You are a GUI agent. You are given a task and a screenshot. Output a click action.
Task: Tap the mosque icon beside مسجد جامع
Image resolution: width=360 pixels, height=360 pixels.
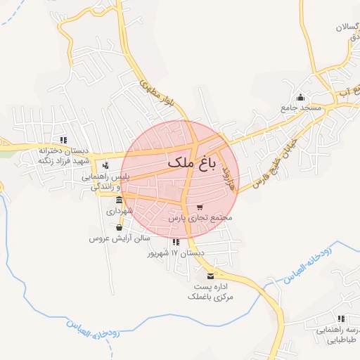click(302, 97)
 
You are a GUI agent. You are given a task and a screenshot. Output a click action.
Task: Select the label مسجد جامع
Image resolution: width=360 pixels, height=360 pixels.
click(302, 108)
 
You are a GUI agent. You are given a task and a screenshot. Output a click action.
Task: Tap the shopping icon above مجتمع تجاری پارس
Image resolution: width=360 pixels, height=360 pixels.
click(200, 207)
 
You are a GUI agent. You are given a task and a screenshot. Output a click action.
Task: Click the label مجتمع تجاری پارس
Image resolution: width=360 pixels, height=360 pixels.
click(200, 219)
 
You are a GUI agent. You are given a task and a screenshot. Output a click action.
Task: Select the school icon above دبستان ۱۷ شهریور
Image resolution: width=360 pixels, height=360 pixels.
click(175, 242)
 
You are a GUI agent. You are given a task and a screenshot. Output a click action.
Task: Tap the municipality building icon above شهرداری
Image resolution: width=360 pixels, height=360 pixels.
click(119, 199)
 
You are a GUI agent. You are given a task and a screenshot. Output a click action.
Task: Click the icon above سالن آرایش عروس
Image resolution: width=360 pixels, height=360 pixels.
click(118, 227)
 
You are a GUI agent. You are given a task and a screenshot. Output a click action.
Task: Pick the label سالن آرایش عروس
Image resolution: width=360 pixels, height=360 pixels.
click(115, 238)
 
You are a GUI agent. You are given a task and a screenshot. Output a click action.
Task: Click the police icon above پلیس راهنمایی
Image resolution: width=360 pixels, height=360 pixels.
click(105, 167)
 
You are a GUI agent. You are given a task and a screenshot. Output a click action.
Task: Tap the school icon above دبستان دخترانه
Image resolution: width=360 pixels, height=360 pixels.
click(64, 140)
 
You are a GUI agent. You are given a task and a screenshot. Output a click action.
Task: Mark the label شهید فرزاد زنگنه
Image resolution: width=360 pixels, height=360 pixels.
click(46, 160)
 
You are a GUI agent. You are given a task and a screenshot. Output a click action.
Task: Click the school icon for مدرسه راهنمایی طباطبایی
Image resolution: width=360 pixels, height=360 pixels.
click(341, 319)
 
